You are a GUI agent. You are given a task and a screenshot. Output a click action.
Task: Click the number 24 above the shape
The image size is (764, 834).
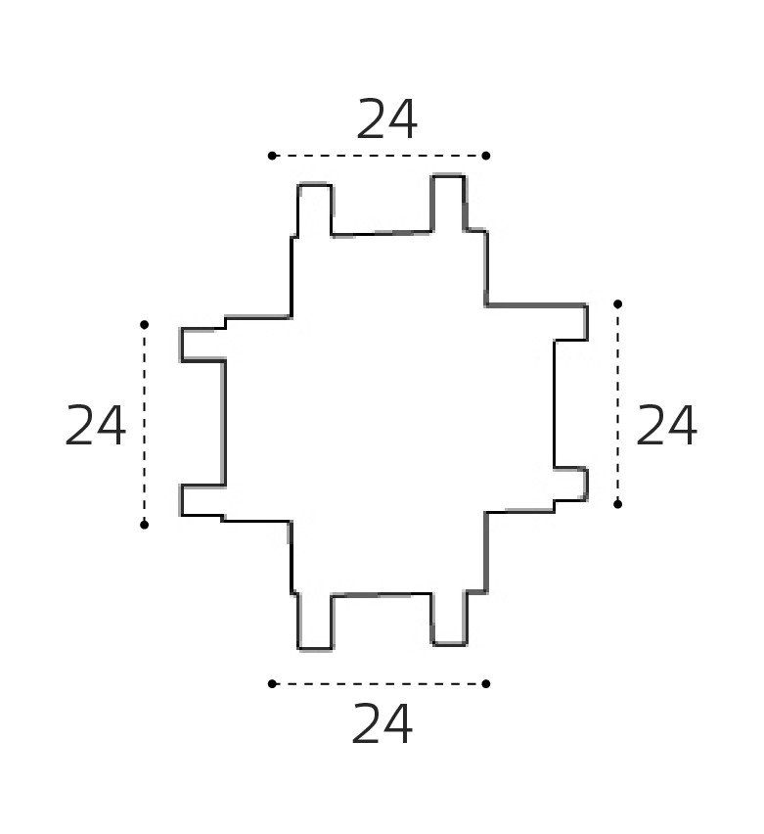pos(386,119)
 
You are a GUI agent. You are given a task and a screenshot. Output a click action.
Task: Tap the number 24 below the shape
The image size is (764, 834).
pos(382,723)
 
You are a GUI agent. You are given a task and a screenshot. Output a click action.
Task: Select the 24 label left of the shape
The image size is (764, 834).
pos(95,425)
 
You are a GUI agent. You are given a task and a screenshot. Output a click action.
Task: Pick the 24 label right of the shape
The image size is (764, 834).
pos(666,425)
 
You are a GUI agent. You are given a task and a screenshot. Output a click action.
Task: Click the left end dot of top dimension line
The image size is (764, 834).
pos(272,156)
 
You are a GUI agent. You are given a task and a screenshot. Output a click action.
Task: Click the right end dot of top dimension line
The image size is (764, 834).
pos(486,156)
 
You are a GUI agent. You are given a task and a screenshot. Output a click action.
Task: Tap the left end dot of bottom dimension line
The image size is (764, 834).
pos(272,683)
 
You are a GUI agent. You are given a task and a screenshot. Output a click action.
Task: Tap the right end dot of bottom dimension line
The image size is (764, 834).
pos(486,683)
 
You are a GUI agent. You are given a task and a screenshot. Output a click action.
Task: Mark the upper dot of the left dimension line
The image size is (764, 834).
pos(144,324)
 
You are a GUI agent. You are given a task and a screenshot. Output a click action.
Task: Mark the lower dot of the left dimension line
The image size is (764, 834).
pos(144,525)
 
